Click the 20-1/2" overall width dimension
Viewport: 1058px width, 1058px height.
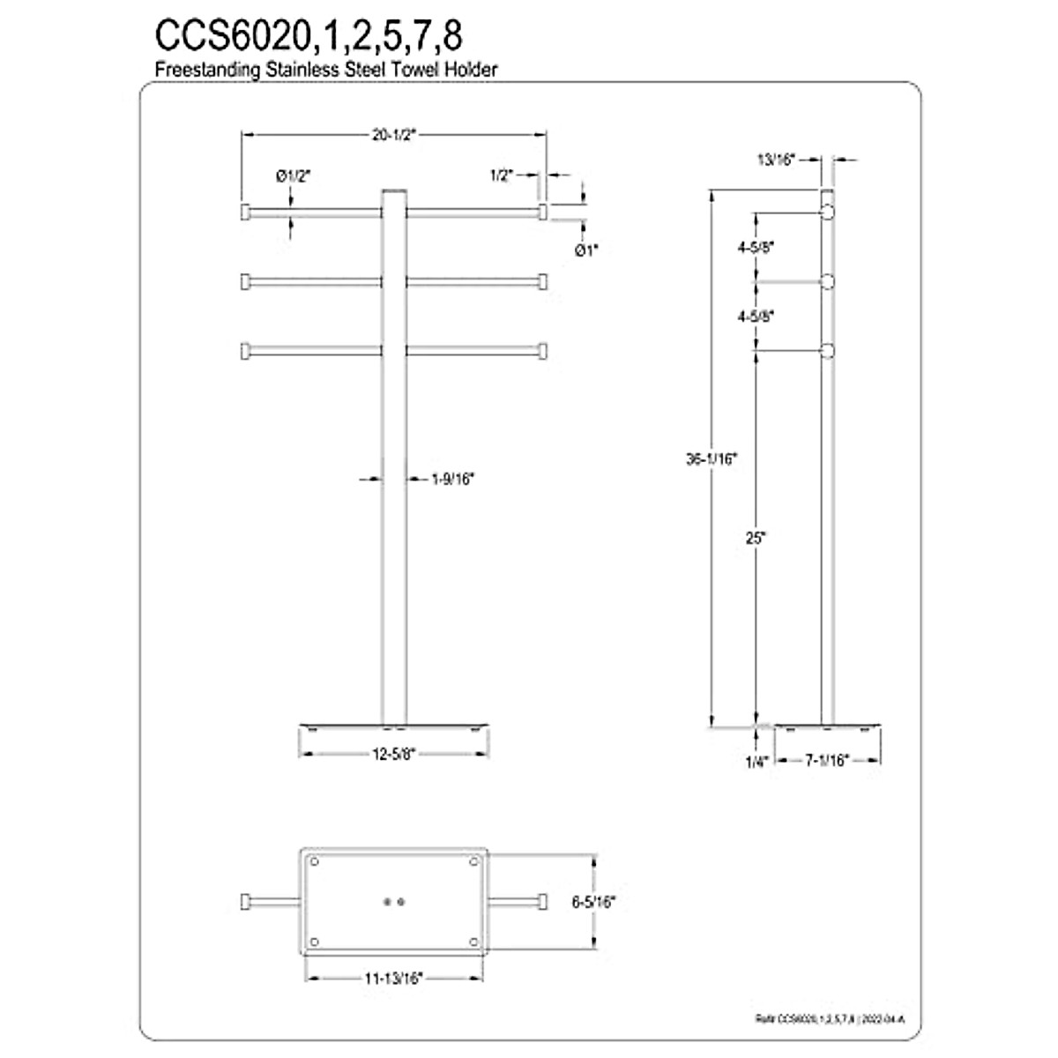pyautogui.click(x=393, y=135)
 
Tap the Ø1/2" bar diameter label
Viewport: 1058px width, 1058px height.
pyautogui.click(x=293, y=176)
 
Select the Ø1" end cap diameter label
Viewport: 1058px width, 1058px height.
pyautogui.click(x=586, y=250)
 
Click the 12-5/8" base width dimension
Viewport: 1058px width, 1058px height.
pyautogui.click(x=393, y=752)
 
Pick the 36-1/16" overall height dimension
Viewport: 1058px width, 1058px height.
pyautogui.click(x=711, y=458)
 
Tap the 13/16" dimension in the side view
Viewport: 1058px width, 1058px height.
pyautogui.click(x=776, y=160)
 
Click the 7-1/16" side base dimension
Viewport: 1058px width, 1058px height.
pyautogui.click(x=828, y=759)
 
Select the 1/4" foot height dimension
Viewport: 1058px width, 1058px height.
pyautogui.click(x=756, y=760)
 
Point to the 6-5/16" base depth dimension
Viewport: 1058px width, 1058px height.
pyautogui.click(x=594, y=902)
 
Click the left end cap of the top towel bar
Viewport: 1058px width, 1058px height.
pyautogui.click(x=245, y=212)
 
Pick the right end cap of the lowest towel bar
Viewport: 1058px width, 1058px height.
pyautogui.click(x=544, y=351)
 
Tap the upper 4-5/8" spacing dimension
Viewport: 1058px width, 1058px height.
pyautogui.click(x=756, y=248)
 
